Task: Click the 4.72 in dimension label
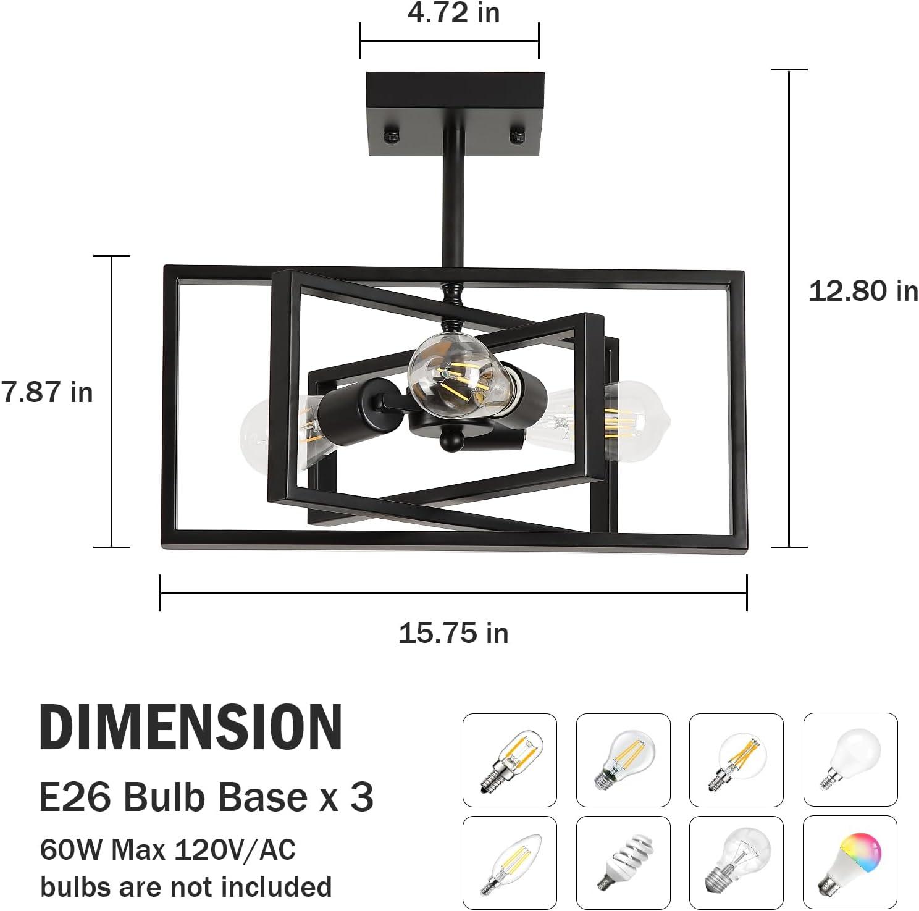pos(453,13)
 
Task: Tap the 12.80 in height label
pos(863,291)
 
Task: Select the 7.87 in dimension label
pos(47,392)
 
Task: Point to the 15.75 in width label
pos(453,634)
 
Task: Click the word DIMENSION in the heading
pos(191,727)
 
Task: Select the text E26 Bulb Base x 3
pos(206,797)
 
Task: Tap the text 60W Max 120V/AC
pos(167,850)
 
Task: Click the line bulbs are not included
pos(186,886)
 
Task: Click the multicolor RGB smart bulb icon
pos(850,863)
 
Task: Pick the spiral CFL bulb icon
pos(623,863)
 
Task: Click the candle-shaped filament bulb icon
pos(510,863)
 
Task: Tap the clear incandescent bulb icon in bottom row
pos(736,863)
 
